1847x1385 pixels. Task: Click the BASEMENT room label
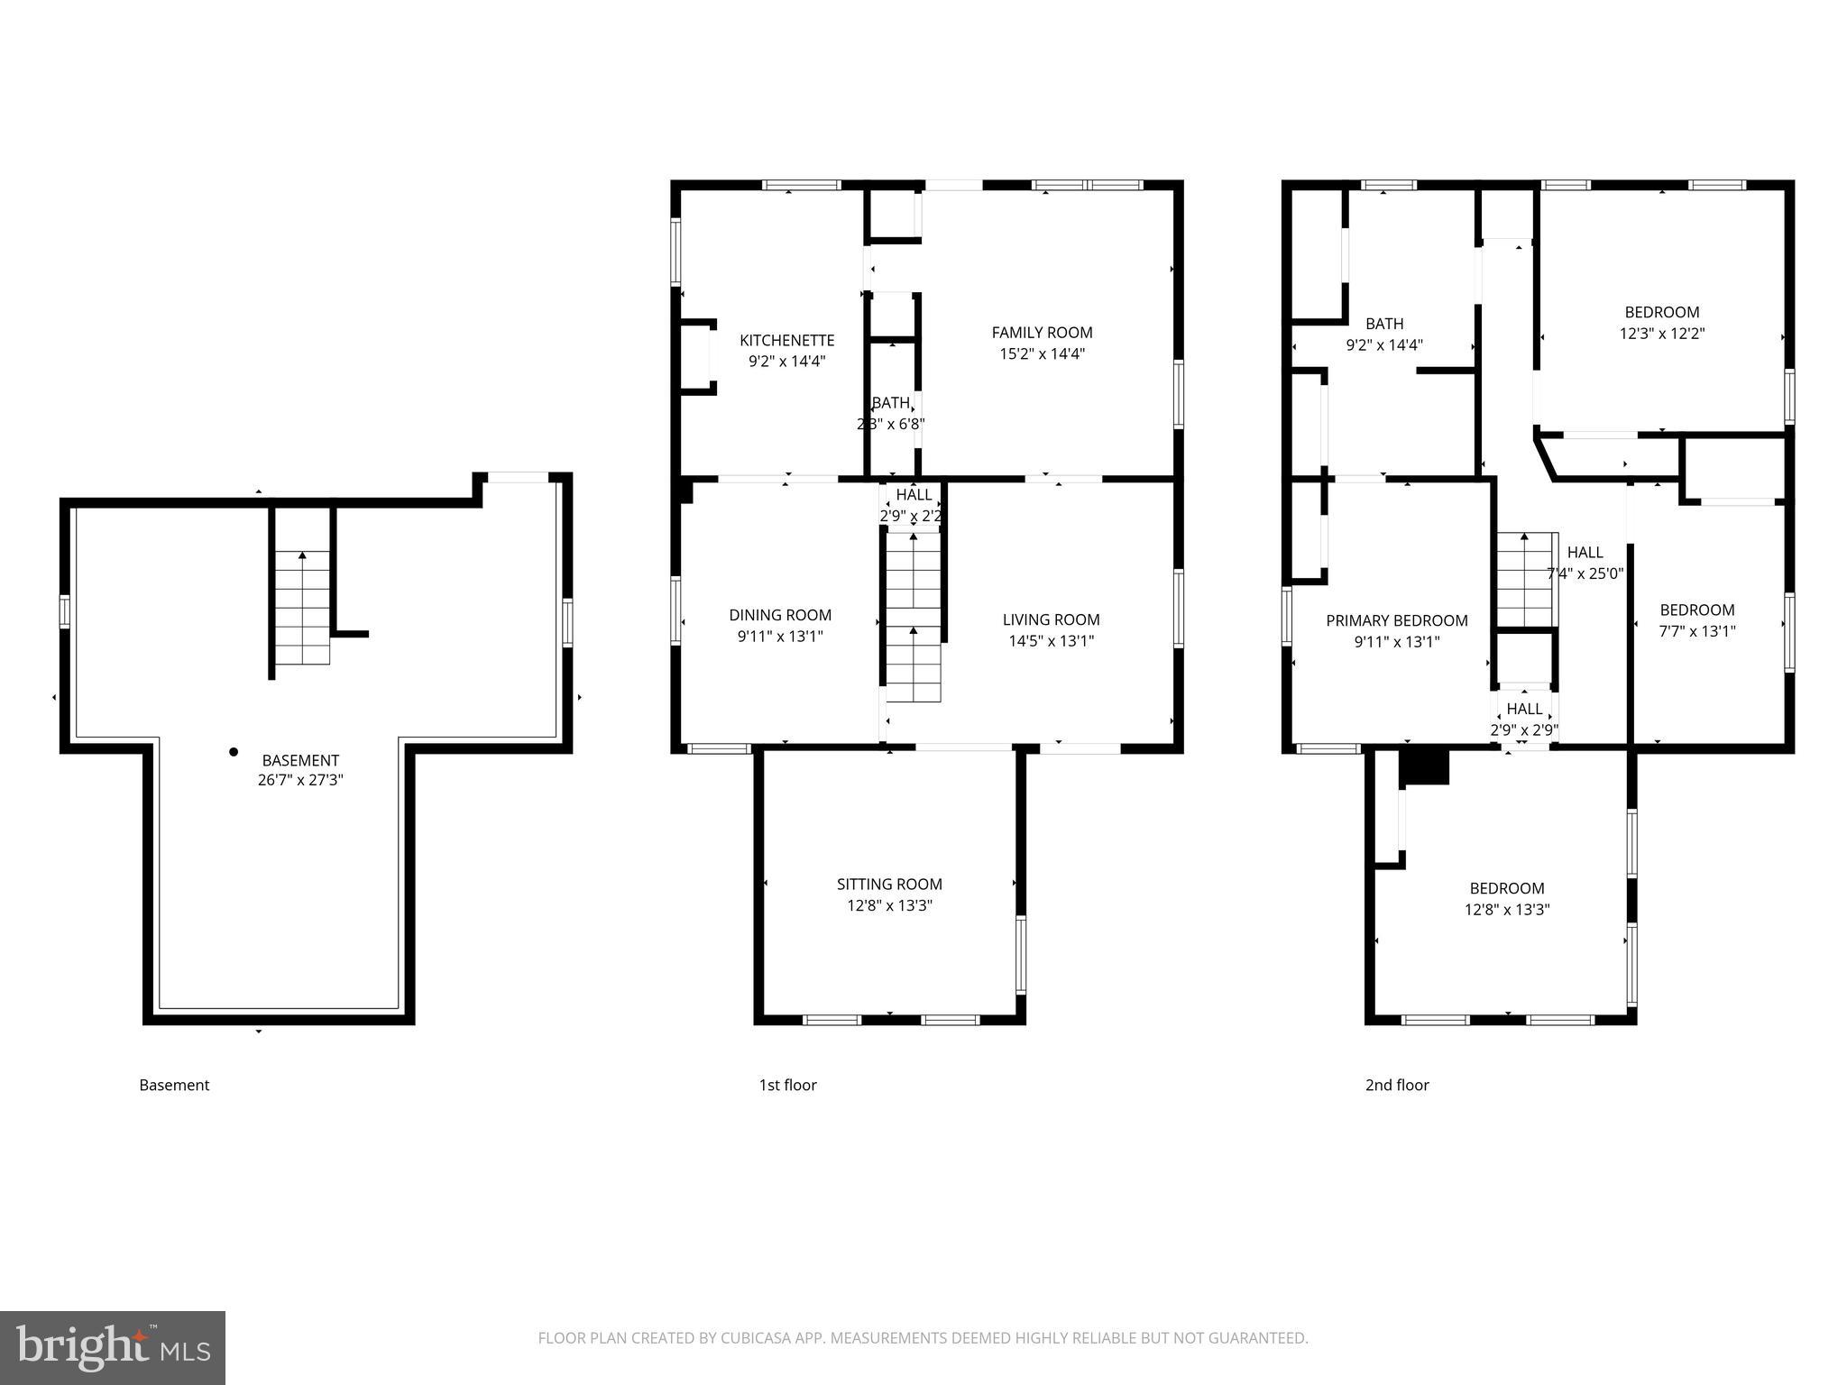[300, 760]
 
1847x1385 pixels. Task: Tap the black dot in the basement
[234, 751]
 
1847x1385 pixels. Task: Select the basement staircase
[301, 608]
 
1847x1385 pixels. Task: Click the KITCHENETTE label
[786, 340]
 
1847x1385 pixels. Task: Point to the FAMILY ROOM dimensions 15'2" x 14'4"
[1042, 353]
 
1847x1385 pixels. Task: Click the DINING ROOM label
[780, 615]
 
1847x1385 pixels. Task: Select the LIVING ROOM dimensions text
[1051, 641]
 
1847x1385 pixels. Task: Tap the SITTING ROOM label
[889, 884]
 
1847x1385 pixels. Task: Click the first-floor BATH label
[890, 403]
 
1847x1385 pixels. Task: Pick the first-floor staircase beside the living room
[913, 618]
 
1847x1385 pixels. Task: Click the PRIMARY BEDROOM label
[1396, 620]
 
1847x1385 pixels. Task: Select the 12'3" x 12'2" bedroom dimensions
[1661, 334]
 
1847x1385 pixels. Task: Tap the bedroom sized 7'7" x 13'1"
[1696, 620]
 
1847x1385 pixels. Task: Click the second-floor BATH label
[1383, 324]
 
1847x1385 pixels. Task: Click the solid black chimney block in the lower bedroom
[1423, 766]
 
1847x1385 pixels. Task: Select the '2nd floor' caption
[1396, 1085]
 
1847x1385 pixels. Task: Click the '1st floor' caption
[787, 1085]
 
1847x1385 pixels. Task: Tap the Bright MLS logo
[112, 1347]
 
